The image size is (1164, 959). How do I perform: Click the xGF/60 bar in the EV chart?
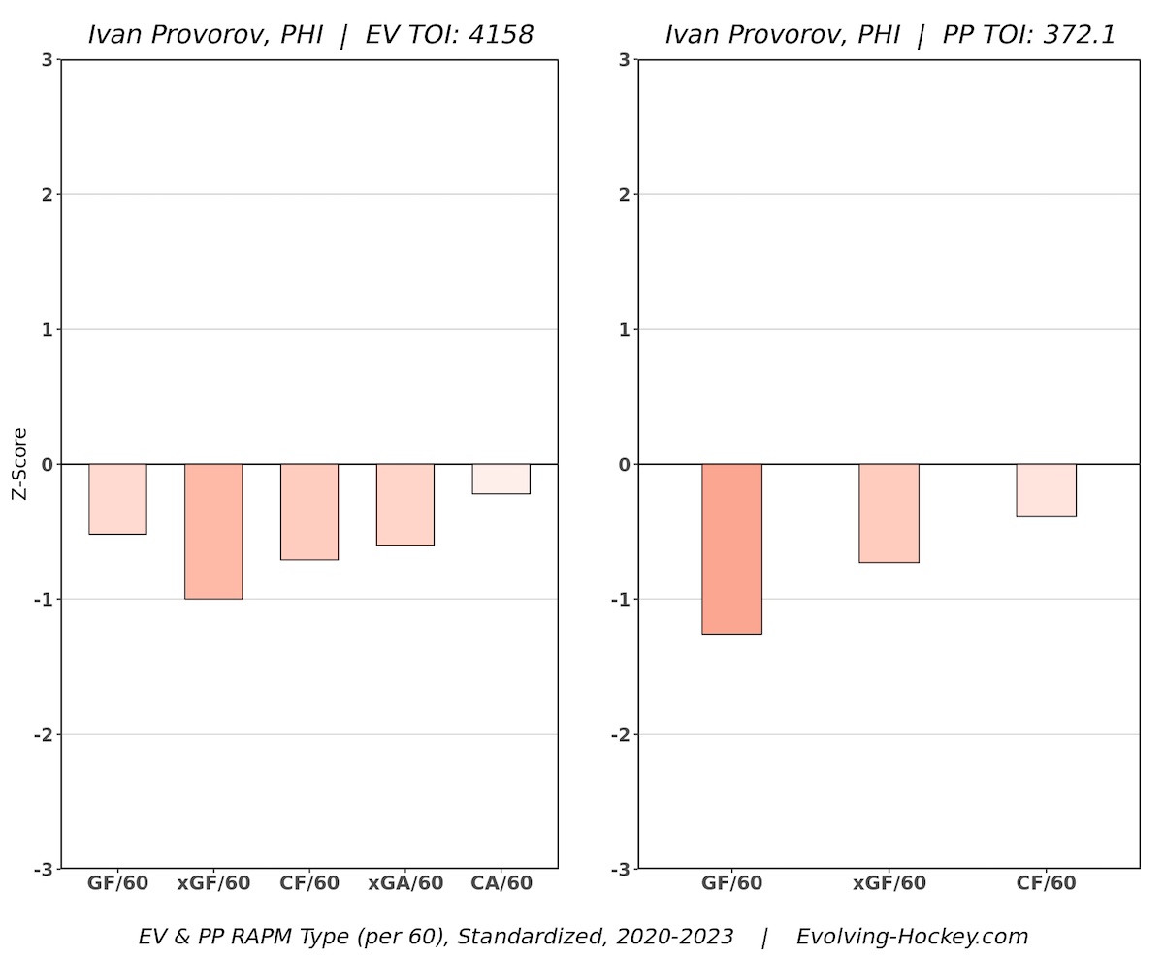point(213,531)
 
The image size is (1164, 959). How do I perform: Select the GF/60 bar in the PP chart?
point(731,548)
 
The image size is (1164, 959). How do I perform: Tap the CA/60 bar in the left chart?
point(501,479)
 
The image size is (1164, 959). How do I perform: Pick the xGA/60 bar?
point(405,504)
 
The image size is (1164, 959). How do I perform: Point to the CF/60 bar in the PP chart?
point(1046,490)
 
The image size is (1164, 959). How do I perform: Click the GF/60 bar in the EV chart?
point(117,499)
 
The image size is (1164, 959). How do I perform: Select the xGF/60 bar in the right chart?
point(889,513)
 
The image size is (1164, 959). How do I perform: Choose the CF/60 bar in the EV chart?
point(309,512)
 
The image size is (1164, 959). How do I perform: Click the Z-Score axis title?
point(18,464)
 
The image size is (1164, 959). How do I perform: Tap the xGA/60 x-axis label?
point(405,883)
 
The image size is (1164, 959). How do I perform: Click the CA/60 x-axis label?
point(501,883)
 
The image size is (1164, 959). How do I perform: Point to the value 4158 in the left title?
point(499,35)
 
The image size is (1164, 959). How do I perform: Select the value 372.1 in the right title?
point(1078,35)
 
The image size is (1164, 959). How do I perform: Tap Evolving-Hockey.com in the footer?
point(912,937)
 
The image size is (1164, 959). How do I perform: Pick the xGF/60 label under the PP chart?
point(889,883)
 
